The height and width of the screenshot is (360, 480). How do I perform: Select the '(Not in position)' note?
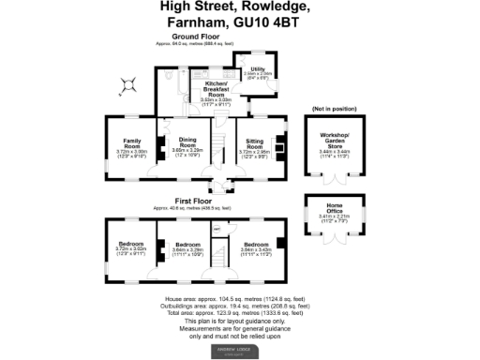(335, 109)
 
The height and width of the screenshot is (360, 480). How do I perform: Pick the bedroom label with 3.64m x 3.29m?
(187, 247)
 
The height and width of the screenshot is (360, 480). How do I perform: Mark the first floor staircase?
(221, 255)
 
